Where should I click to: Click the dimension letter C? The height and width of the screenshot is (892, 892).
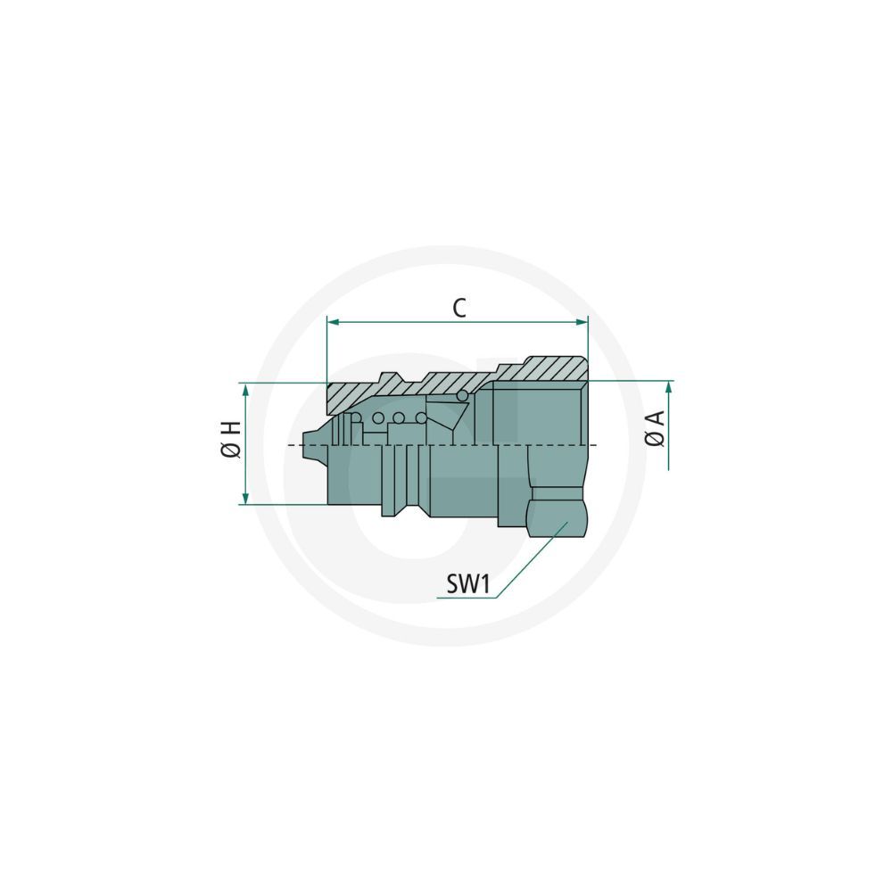[x=459, y=308]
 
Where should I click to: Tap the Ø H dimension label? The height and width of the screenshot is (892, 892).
[x=232, y=440]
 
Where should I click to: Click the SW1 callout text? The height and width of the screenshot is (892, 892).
[x=467, y=583]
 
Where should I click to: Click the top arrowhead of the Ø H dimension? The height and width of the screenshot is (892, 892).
[x=246, y=390]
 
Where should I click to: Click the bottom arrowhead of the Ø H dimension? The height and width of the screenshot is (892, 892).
[x=246, y=498]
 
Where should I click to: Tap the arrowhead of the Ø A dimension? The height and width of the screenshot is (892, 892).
[x=669, y=387]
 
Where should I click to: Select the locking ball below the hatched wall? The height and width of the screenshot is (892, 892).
[x=462, y=395]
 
